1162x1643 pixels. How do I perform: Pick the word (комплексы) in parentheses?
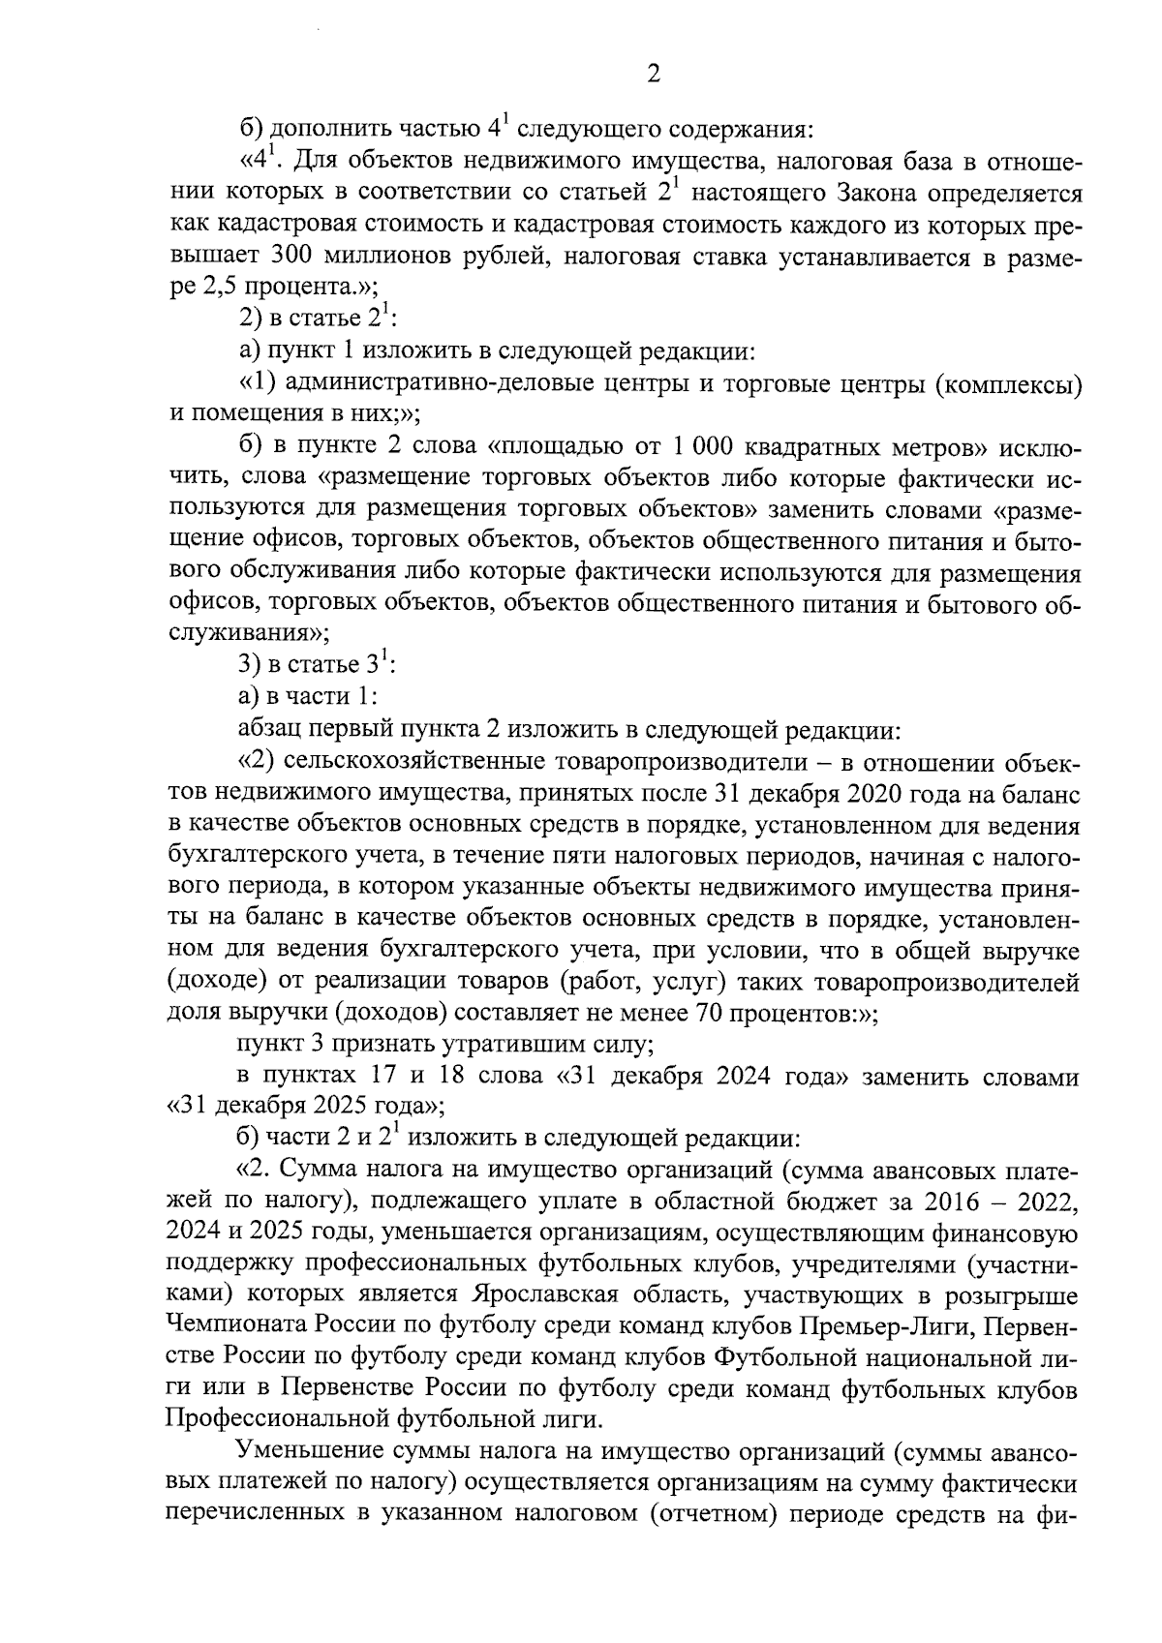tap(1008, 383)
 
